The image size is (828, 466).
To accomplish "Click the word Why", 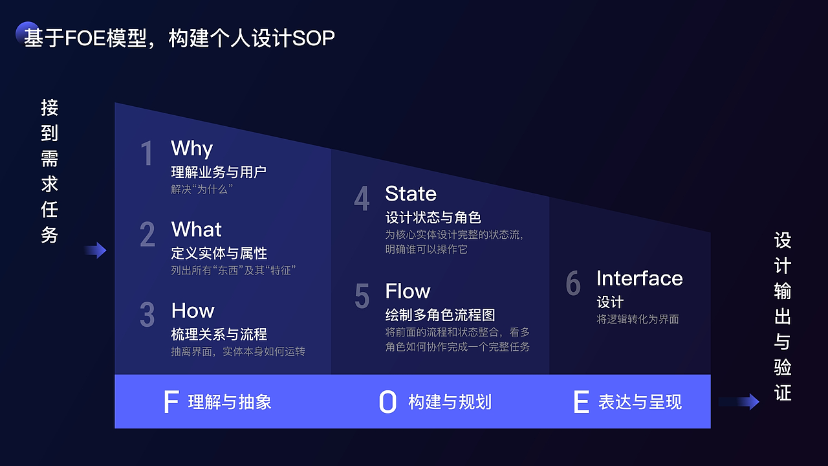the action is [191, 149].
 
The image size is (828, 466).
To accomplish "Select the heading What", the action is [196, 229].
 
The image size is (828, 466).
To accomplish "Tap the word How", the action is [193, 310].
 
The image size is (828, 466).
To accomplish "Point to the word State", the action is [411, 194].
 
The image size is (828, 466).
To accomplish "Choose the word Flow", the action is [408, 291].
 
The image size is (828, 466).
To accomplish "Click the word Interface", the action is [640, 278].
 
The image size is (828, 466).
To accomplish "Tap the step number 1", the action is [147, 153].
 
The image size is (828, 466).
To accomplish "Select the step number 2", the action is [147, 234].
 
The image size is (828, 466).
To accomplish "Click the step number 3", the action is [147, 315].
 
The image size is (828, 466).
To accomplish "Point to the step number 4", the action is [362, 198].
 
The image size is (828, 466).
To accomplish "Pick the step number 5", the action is [362, 296].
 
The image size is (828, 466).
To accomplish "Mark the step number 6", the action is [573, 283].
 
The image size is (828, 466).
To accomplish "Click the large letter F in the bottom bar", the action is [171, 402].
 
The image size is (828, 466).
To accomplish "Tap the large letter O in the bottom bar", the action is [387, 402].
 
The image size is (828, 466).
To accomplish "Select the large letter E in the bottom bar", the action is [581, 402].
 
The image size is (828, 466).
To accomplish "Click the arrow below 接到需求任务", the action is [95, 250].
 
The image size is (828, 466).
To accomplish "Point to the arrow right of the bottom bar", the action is [739, 402].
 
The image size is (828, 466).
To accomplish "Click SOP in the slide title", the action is [314, 38].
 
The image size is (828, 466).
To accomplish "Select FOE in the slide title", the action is [85, 38].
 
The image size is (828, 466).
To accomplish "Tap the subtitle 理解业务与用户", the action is [219, 172].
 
